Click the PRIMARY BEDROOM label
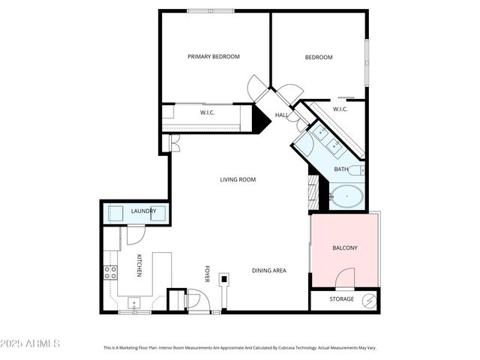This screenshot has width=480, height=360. (214, 57)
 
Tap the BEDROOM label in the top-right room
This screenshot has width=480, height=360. (318, 57)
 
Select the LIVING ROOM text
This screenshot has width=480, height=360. (238, 179)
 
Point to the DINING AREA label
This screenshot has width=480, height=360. (269, 271)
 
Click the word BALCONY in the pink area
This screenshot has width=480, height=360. (344, 248)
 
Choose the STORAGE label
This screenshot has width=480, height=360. (342, 299)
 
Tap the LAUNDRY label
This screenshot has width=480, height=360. (143, 211)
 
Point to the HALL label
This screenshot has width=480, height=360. (281, 115)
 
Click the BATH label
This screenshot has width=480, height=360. (340, 169)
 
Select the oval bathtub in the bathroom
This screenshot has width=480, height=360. (347, 198)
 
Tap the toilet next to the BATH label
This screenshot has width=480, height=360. (355, 169)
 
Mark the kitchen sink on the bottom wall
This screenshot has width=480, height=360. (134, 303)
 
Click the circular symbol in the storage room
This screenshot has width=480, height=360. (369, 300)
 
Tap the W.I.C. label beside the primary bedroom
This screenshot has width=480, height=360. (208, 112)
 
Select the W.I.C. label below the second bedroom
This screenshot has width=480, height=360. (340, 109)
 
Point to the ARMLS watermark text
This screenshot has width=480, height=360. (31, 343)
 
